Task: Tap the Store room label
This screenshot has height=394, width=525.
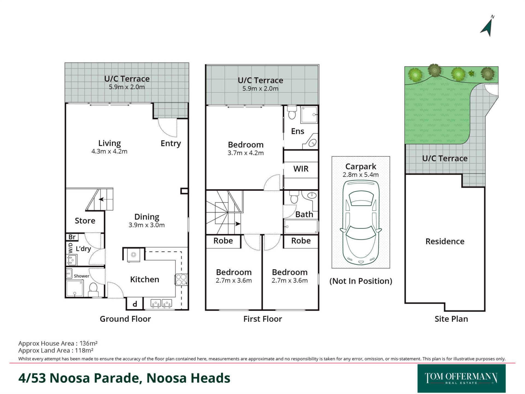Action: (85, 221)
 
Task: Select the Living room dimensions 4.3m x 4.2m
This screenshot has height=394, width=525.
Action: (109, 151)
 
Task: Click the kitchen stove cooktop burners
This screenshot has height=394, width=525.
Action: (181, 280)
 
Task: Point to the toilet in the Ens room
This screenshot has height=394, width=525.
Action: (292, 112)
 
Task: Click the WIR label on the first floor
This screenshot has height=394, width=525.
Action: (301, 169)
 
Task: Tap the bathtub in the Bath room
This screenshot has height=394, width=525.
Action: (301, 227)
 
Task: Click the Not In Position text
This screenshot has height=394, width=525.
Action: (361, 281)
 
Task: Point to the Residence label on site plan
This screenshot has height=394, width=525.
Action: (445, 241)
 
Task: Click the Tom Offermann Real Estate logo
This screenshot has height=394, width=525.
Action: (461, 378)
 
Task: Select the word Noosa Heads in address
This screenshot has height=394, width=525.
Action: (188, 378)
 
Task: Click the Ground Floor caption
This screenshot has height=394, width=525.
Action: (125, 319)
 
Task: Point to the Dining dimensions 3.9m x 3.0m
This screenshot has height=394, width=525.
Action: (147, 225)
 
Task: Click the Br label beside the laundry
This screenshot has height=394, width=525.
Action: (72, 237)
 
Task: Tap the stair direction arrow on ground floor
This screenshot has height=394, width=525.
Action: (101, 199)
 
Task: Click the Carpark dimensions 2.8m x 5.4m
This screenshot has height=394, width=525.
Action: (361, 175)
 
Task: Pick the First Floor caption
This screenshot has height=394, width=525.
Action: (262, 319)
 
